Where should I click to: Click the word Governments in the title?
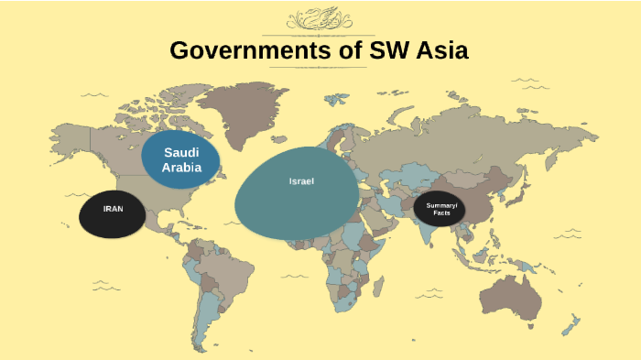point(241,50)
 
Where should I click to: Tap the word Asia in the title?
point(438,50)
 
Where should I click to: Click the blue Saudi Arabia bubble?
point(181,161)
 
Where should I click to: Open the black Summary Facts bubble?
point(440,210)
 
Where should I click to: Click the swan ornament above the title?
point(319,18)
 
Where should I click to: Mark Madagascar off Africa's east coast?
point(377,289)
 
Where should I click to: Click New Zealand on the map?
point(572,326)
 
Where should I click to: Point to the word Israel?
point(301,181)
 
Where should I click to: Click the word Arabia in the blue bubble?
point(181,168)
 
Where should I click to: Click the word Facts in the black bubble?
point(441,213)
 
